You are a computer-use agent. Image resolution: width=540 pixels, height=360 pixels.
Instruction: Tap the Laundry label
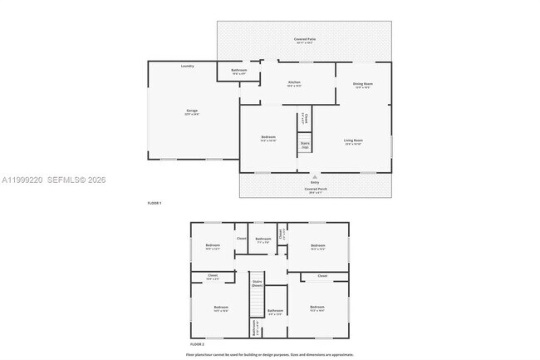coord(188,66)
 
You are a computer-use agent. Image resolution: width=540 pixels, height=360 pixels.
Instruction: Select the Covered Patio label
coord(305,39)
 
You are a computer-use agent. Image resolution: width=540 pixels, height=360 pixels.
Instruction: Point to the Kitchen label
coord(294,82)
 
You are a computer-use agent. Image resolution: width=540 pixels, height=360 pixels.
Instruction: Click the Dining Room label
coord(363,84)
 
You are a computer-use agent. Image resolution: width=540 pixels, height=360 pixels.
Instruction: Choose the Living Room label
coord(353,141)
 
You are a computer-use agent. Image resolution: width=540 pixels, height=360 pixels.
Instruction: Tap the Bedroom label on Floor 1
coord(268,137)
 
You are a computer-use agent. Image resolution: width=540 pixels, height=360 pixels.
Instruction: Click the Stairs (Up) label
coord(305,145)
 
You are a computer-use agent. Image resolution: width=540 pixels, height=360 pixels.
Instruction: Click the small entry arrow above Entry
coord(314,175)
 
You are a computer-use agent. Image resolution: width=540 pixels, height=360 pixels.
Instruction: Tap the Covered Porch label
coord(315,189)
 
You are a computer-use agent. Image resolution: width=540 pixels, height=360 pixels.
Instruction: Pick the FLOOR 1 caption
coord(155,203)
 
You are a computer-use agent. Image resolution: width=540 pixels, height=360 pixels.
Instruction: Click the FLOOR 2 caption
coord(197,343)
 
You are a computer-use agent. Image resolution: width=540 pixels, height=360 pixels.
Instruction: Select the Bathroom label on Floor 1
coord(239,71)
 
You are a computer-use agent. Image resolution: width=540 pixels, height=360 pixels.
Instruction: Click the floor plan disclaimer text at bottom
coord(270,354)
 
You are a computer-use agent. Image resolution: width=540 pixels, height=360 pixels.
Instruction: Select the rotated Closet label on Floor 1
coord(305,118)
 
